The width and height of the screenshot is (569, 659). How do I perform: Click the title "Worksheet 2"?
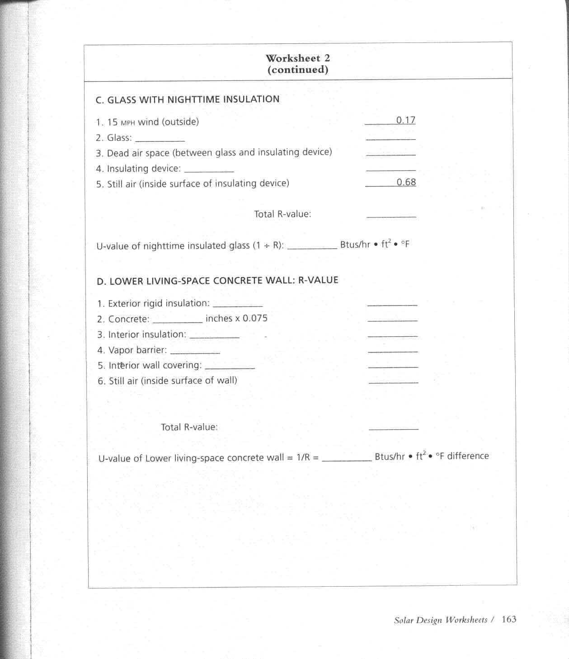(297, 58)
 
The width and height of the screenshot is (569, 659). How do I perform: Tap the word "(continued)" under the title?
(297, 70)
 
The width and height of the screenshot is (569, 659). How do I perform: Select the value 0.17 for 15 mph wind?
(405, 120)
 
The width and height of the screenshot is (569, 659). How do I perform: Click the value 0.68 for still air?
(406, 182)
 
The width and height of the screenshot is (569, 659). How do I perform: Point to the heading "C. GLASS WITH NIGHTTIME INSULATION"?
(188, 99)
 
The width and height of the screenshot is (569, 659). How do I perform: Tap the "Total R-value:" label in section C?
(282, 214)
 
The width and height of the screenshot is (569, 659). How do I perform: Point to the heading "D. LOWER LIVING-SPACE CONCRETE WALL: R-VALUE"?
(217, 281)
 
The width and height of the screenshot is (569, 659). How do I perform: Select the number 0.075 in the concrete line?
(255, 318)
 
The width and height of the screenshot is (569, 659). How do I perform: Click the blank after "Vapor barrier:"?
(195, 352)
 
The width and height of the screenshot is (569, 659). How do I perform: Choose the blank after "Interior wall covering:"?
(230, 367)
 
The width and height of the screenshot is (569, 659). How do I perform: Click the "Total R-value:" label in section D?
(189, 427)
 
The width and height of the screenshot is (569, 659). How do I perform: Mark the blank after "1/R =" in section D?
(346, 460)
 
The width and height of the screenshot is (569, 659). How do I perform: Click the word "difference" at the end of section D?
(468, 456)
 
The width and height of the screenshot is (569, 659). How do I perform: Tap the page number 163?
(509, 619)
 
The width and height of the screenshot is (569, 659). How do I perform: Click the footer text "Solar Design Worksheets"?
(440, 620)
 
